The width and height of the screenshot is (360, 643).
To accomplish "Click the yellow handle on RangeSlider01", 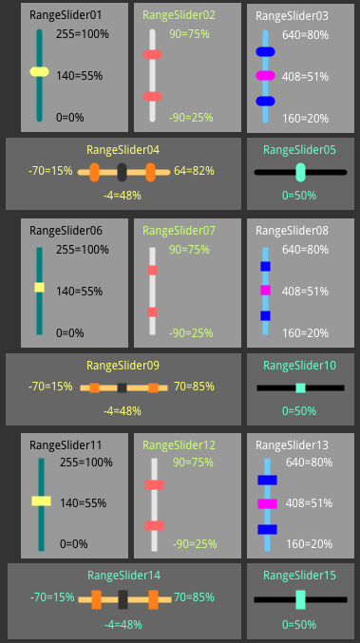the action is pyautogui.click(x=39, y=72).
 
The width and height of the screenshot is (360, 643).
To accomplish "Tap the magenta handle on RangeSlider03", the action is pyautogui.click(x=265, y=75).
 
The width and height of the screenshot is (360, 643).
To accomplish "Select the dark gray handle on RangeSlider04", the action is pyautogui.click(x=122, y=172).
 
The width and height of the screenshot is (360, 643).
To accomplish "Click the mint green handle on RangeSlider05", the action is pyautogui.click(x=300, y=172).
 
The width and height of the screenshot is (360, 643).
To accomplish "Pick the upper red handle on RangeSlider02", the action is pyautogui.click(x=153, y=54).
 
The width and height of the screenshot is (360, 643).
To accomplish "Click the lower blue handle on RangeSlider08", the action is pyautogui.click(x=265, y=315).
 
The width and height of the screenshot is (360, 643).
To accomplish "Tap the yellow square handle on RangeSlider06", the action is pyautogui.click(x=39, y=288).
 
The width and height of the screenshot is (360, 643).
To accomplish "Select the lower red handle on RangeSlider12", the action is pyautogui.click(x=154, y=526).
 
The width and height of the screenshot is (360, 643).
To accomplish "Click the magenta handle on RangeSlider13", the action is pyautogui.click(x=267, y=504).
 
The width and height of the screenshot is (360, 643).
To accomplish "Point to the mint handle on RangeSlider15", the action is pyautogui.click(x=300, y=599).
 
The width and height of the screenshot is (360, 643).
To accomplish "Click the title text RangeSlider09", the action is pyautogui.click(x=123, y=366).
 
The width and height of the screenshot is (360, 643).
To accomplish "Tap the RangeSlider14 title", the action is pyautogui.click(x=123, y=576).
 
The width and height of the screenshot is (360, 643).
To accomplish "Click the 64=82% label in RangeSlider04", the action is pyautogui.click(x=194, y=171).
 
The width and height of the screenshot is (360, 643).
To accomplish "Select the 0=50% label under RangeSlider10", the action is pyautogui.click(x=299, y=411).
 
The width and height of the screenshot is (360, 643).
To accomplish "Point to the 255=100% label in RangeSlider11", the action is pyautogui.click(x=86, y=463).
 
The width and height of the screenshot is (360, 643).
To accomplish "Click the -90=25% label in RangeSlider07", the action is pyautogui.click(x=191, y=333).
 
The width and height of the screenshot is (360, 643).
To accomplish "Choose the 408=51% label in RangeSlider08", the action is pyautogui.click(x=306, y=292).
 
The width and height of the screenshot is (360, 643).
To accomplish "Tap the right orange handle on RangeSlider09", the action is pyautogui.click(x=153, y=388).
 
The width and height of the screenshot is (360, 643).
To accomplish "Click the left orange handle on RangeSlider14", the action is pyautogui.click(x=96, y=599).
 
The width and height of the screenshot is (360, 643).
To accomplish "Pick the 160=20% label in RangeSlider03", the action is pyautogui.click(x=306, y=119).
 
